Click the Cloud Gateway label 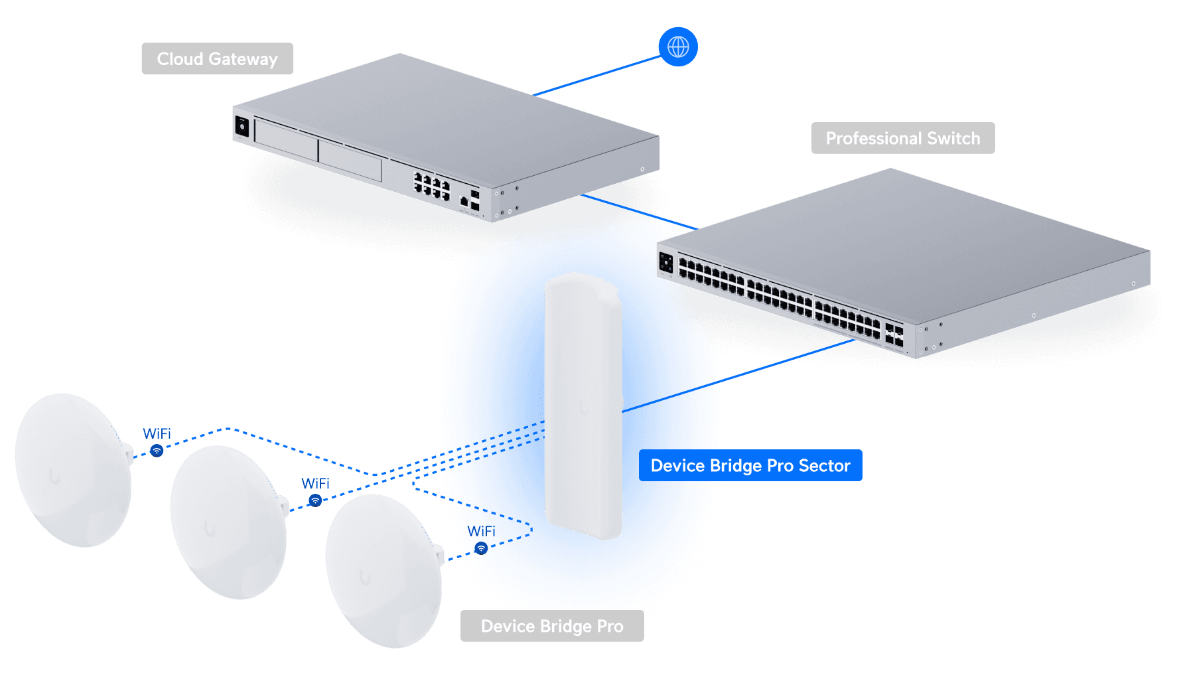pyautogui.click(x=217, y=59)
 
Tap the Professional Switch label pyautogui.click(x=902, y=138)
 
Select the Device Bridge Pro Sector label pyautogui.click(x=750, y=465)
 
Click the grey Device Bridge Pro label pyautogui.click(x=552, y=626)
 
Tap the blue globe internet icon pyautogui.click(x=677, y=47)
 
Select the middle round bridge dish pyautogui.click(x=228, y=522)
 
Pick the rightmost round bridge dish pyautogui.click(x=383, y=571)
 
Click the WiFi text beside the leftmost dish pyautogui.click(x=157, y=433)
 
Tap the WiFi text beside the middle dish pyautogui.click(x=315, y=483)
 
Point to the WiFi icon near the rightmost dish pyautogui.click(x=481, y=548)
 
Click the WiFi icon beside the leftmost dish pyautogui.click(x=157, y=451)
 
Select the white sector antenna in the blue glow pyautogui.click(x=583, y=405)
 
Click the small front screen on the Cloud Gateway pyautogui.click(x=242, y=126)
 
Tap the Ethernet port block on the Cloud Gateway pyautogui.click(x=432, y=185)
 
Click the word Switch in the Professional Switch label pyautogui.click(x=953, y=138)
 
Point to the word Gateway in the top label pyautogui.click(x=243, y=59)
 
